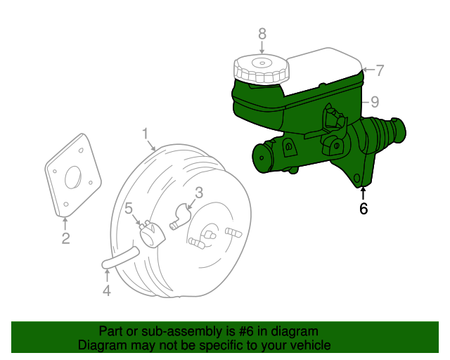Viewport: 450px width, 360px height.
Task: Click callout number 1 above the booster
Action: (145, 133)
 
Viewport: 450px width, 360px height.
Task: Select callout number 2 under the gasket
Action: (65, 239)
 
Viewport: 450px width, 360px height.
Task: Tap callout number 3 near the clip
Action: (199, 192)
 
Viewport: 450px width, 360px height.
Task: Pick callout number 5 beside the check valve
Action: (129, 208)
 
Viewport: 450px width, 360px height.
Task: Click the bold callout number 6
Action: (363, 208)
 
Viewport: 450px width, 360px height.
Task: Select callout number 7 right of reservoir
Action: (380, 70)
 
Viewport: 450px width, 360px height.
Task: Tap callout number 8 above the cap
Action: (262, 33)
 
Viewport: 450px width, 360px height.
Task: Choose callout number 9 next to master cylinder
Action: (375, 101)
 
